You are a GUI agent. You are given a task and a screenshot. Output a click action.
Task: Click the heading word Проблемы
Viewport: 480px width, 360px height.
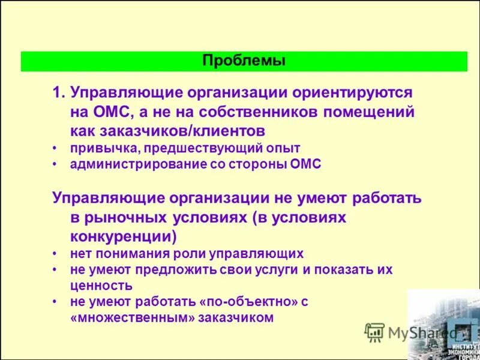244,61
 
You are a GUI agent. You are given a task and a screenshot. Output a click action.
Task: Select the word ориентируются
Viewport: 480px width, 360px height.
352,93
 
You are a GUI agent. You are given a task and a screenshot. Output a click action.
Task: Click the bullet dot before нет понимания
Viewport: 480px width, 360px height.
55,253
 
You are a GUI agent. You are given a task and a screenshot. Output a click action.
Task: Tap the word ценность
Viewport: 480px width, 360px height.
101,286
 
